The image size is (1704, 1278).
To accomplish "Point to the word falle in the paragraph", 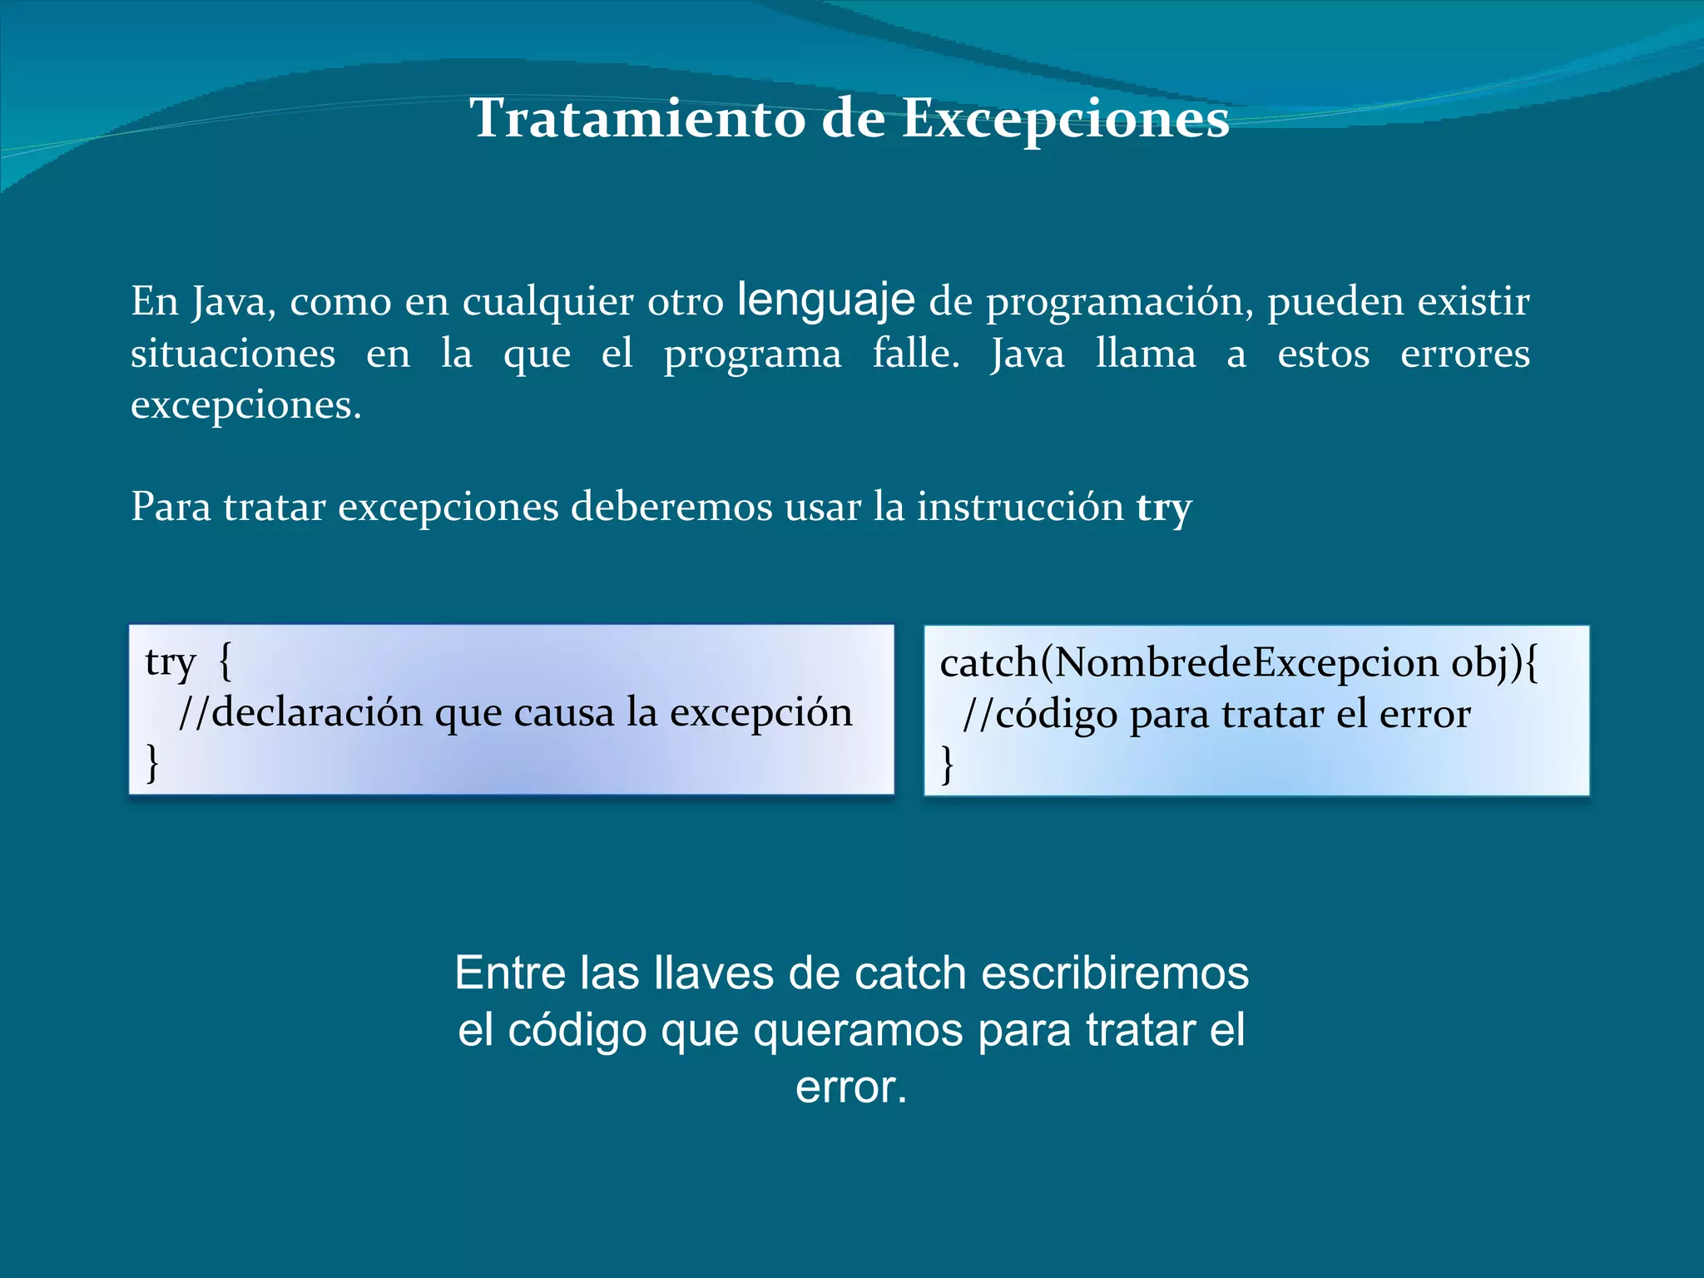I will [915, 354].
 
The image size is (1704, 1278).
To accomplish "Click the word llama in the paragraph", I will [1146, 354].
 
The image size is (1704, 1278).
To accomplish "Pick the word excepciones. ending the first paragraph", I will [246, 406].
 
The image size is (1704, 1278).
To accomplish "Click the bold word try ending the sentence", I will [1164, 507].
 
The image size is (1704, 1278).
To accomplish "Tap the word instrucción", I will [1020, 507].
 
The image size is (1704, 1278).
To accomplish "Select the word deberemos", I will [671, 507].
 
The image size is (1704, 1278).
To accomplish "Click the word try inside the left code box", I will [171, 664].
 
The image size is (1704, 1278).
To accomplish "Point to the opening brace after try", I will [225, 662].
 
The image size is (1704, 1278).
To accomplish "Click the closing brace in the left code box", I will [152, 762].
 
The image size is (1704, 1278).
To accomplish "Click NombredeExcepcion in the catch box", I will [1246, 663].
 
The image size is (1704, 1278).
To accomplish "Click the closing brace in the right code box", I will [947, 764].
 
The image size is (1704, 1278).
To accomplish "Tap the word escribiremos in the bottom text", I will [1114, 973].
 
